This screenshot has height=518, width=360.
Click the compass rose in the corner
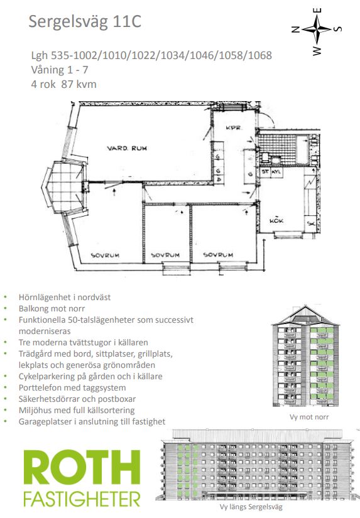317,30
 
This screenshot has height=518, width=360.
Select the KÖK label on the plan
276,220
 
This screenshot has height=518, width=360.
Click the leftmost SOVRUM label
105,255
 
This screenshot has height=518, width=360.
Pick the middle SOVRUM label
165,255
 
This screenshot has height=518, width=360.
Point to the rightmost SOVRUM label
218,255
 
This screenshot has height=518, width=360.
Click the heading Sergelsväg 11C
85,21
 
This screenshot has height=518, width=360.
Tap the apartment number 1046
204,55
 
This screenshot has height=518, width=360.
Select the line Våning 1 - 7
60,70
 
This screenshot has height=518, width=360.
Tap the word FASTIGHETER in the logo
82,499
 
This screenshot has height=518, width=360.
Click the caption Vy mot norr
309,417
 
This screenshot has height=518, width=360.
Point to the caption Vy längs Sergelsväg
251,507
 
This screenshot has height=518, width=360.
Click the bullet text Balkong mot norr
52,308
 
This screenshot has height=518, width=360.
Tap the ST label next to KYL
265,172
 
